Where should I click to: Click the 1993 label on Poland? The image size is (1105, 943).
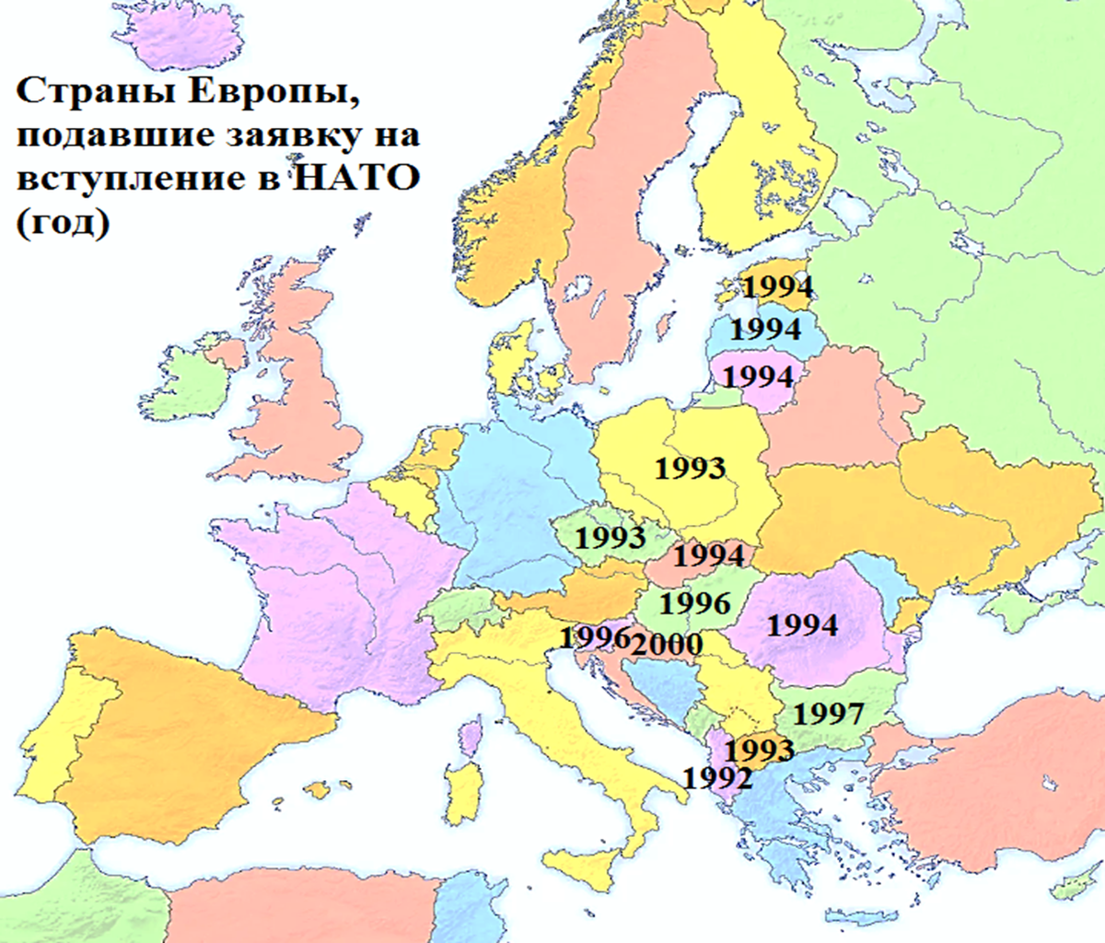point(690,468)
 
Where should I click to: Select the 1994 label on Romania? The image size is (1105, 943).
point(802,625)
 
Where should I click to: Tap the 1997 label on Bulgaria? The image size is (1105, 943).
point(828,714)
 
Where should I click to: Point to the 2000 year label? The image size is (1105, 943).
point(668,644)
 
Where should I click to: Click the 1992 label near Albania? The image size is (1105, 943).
point(717,779)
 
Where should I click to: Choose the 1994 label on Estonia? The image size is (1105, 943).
point(777,286)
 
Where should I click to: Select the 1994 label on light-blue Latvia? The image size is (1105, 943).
point(765,329)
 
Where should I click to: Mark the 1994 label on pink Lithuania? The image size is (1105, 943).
point(757,377)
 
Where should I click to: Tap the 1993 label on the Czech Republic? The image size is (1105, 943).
point(609,536)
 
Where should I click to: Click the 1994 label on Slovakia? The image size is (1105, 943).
point(708,555)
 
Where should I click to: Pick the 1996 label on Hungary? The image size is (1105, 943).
point(694,603)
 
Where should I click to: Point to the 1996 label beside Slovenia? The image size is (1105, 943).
point(594,636)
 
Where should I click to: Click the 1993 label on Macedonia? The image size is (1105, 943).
point(759,750)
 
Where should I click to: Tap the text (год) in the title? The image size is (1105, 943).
point(62,221)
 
